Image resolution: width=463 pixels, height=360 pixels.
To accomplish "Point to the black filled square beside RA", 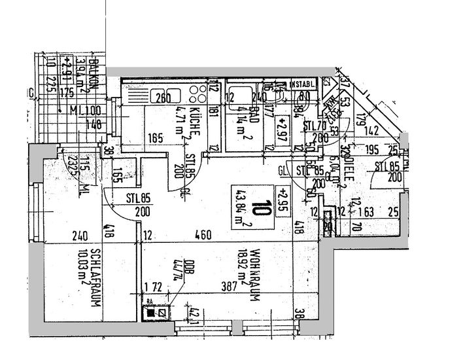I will [152, 314].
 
